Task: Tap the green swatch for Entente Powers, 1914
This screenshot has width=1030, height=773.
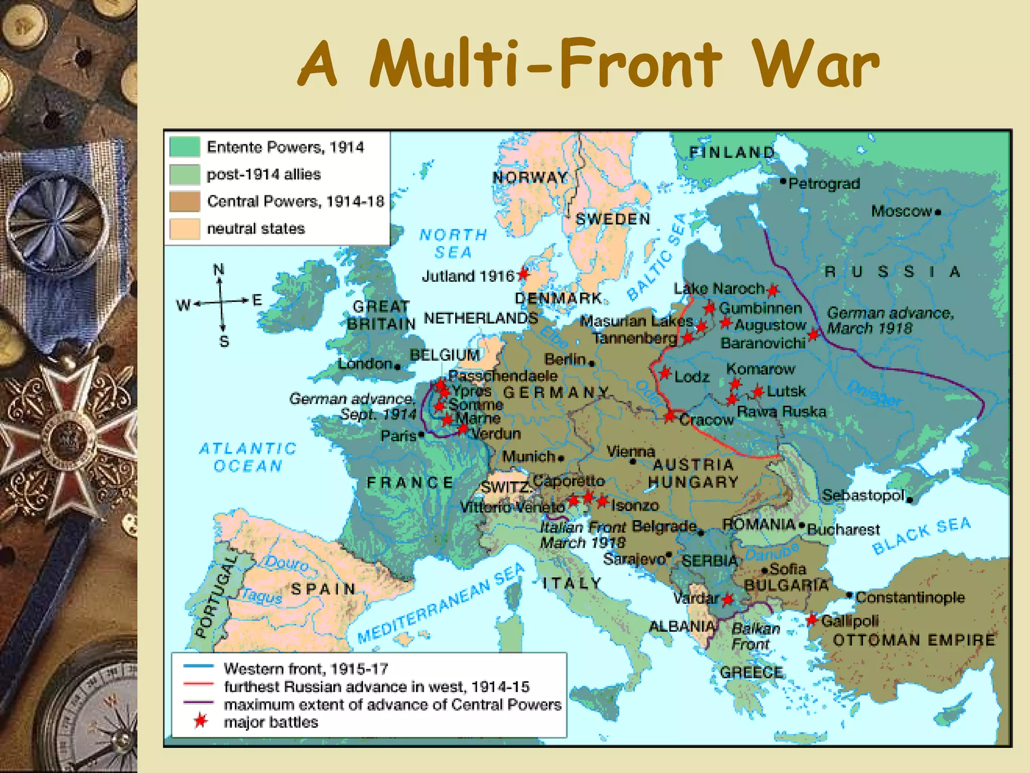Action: tap(185, 147)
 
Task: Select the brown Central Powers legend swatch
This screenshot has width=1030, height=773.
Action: tap(185, 201)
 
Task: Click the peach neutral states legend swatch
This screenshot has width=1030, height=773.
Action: tap(185, 228)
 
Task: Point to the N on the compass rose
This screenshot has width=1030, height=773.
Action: tap(218, 270)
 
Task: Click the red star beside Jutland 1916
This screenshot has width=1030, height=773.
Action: tap(523, 274)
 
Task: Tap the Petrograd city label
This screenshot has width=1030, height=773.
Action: tap(824, 184)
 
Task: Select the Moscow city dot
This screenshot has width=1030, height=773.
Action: tap(938, 212)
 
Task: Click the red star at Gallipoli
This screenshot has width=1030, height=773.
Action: tap(811, 620)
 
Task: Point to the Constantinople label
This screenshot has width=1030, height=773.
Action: tap(910, 597)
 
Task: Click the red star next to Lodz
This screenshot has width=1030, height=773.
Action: tap(665, 373)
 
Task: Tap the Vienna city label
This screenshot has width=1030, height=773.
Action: tap(631, 451)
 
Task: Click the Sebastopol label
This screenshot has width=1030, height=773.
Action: tap(863, 495)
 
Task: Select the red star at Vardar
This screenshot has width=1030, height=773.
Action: tap(728, 599)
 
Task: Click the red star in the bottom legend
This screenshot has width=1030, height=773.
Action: tap(201, 721)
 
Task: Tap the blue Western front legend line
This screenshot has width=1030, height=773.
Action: tap(199, 666)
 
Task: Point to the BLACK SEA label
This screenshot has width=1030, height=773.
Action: tap(921, 535)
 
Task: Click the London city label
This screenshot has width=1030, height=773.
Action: tap(365, 363)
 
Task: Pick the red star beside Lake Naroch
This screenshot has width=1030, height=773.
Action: tap(773, 290)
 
